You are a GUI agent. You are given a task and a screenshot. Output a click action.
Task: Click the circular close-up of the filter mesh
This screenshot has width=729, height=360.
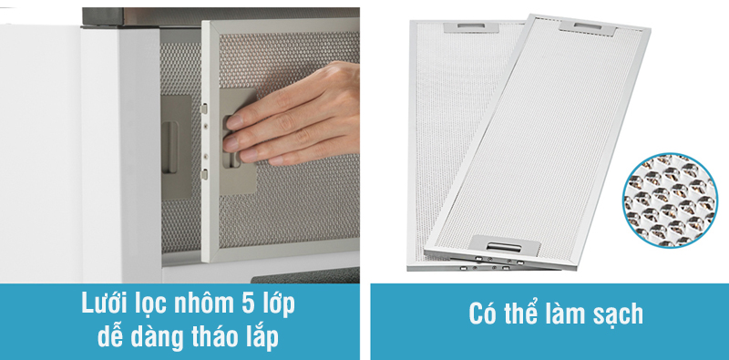pos(670,201)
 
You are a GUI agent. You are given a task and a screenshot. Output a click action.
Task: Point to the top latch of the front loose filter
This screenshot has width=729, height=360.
pos(588,27)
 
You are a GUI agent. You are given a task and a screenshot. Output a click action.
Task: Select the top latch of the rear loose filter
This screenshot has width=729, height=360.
pos(470,27)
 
